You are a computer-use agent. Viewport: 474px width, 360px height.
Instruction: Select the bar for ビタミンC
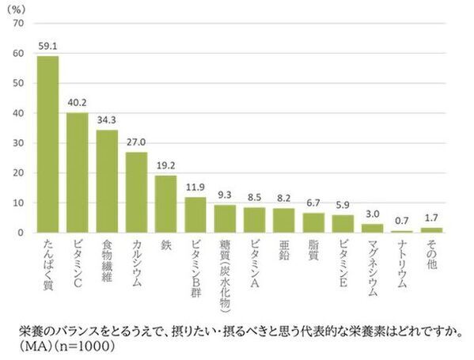point(77,172)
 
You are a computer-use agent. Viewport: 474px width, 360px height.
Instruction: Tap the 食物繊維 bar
point(107,181)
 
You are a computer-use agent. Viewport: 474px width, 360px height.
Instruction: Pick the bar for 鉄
point(165,203)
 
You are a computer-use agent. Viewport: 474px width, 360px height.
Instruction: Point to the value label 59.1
point(47,47)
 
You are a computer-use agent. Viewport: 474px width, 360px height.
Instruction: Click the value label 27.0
point(136,143)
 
